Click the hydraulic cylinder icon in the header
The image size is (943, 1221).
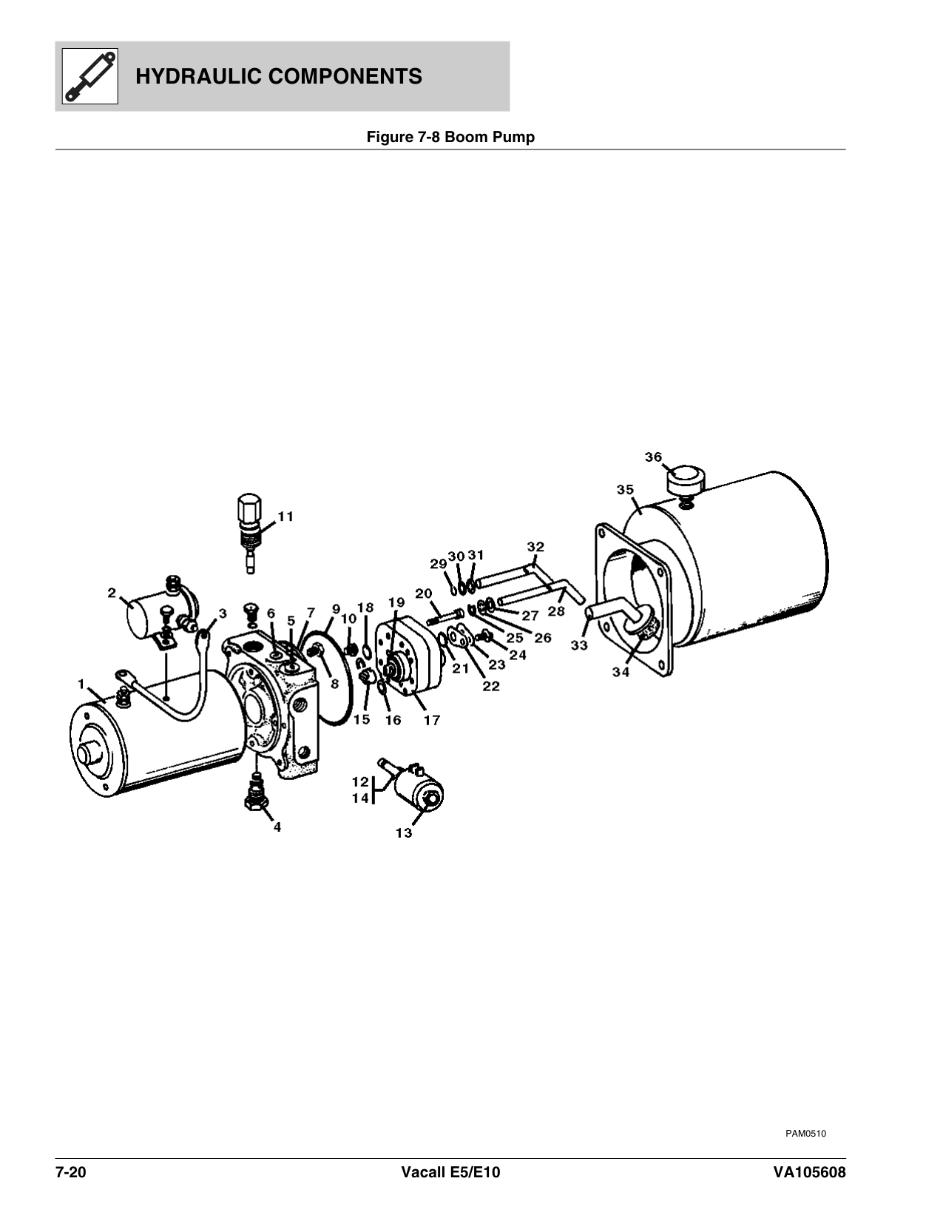pyautogui.click(x=90, y=76)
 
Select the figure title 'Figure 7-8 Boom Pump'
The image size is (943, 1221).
pyautogui.click(x=450, y=137)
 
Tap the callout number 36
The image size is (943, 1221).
pyautogui.click(x=653, y=457)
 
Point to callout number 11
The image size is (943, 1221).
pyautogui.click(x=286, y=517)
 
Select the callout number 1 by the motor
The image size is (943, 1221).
pyautogui.click(x=81, y=684)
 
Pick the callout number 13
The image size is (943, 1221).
pyautogui.click(x=404, y=832)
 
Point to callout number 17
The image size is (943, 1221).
pyautogui.click(x=431, y=720)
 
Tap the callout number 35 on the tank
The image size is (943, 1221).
pyautogui.click(x=625, y=489)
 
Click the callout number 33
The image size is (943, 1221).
pyautogui.click(x=579, y=645)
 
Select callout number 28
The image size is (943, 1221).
pyautogui.click(x=556, y=610)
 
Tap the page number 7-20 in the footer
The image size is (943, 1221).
pyautogui.click(x=70, y=1173)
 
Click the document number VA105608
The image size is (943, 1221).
pyautogui.click(x=809, y=1173)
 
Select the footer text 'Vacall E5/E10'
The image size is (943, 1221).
pyautogui.click(x=451, y=1173)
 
